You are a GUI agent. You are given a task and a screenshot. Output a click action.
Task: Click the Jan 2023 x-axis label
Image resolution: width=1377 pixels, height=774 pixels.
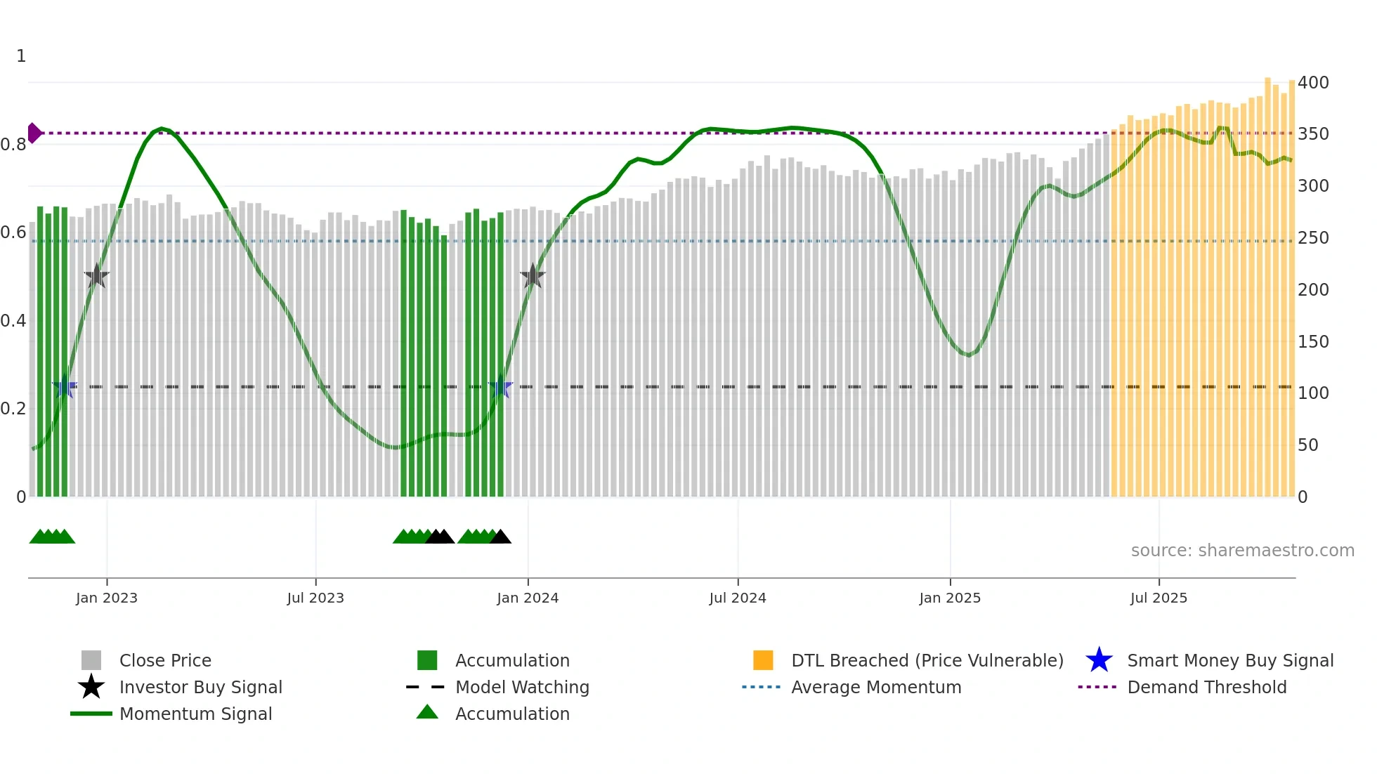[x=107, y=598]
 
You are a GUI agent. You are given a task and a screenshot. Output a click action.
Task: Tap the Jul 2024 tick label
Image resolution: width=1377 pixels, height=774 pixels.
[x=738, y=598]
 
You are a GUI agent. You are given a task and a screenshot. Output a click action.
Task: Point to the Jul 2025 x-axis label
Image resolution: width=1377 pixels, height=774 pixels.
[x=1159, y=598]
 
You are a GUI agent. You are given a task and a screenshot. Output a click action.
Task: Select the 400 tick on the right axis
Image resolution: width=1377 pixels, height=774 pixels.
[x=1313, y=83]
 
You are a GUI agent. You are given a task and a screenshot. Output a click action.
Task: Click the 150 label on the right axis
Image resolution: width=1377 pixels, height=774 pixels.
[x=1313, y=342]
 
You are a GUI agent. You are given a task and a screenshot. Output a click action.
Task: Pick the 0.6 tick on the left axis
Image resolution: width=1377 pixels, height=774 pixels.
[x=13, y=232]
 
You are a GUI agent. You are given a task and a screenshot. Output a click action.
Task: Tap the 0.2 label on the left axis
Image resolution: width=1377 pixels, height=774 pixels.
[x=13, y=409]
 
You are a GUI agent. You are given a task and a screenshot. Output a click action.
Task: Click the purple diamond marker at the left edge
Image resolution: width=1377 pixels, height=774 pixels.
[x=34, y=133]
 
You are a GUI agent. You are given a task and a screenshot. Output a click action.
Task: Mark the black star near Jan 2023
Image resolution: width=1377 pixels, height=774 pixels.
[x=96, y=276]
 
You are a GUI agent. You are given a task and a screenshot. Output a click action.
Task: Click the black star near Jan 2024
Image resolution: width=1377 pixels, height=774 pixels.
[x=533, y=276]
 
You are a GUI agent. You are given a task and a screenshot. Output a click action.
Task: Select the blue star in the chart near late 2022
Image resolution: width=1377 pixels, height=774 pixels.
[x=65, y=386]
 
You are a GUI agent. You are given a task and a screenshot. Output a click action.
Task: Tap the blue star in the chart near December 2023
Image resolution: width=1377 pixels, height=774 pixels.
[x=500, y=386]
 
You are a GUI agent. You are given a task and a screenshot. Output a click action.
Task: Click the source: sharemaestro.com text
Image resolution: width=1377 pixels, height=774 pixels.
[x=1242, y=551]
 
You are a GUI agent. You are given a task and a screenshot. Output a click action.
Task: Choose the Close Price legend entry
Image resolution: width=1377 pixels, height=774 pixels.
[x=165, y=660]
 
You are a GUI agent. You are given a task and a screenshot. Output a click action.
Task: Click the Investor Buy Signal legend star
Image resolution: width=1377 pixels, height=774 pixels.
[x=91, y=687]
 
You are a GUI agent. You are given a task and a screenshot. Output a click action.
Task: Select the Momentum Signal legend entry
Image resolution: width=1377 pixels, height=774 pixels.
[x=195, y=714]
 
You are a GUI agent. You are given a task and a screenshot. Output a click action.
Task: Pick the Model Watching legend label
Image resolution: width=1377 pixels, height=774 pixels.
[x=522, y=687]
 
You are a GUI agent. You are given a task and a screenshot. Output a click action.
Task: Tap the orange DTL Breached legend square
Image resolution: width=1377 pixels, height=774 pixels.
[x=763, y=660]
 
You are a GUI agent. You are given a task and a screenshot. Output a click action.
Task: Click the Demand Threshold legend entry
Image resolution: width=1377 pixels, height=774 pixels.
[x=1206, y=687]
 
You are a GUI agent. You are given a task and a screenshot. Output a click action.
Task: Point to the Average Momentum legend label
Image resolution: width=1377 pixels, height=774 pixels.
[x=876, y=687]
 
